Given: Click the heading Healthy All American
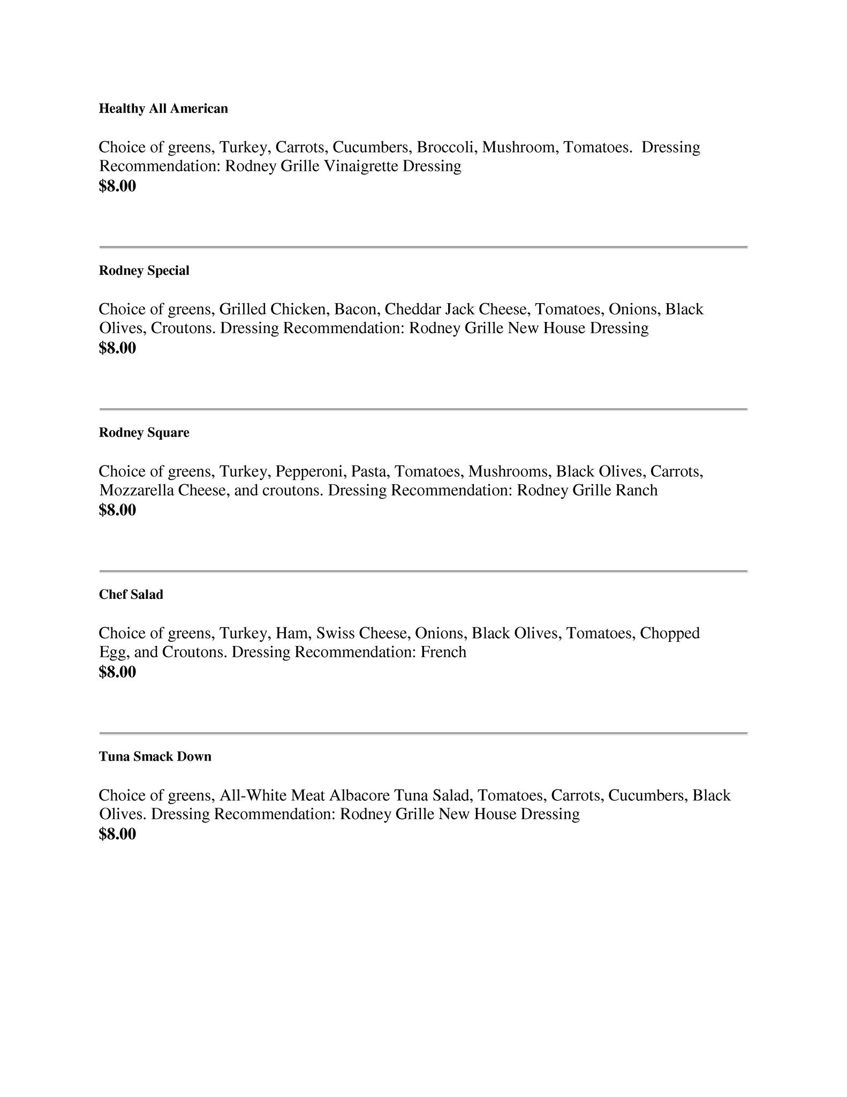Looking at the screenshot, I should [x=163, y=109].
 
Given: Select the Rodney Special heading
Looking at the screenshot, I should [x=144, y=271].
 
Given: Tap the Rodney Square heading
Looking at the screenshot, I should [x=144, y=433].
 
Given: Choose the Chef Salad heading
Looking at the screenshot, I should [x=131, y=595].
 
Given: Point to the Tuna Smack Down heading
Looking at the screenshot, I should [x=155, y=756].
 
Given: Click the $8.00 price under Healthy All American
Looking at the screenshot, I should [x=117, y=186].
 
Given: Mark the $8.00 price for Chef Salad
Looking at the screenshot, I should [x=117, y=672].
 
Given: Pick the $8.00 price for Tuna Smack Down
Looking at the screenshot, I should [x=117, y=834].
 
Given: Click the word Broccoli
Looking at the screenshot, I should [x=447, y=147].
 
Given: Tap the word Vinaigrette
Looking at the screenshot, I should [x=362, y=166].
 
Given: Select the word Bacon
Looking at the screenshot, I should [x=355, y=309].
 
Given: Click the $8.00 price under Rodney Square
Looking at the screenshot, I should [x=117, y=510].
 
